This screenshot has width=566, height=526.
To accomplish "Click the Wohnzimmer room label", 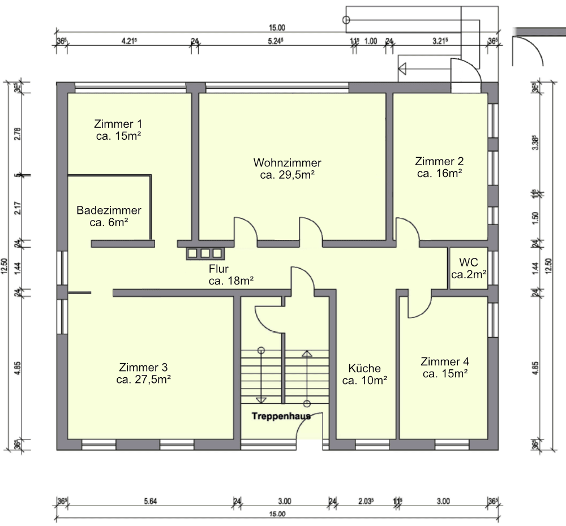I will point(287,163).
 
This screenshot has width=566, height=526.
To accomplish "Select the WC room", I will point(469,269).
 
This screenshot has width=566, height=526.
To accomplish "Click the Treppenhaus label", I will point(281,416).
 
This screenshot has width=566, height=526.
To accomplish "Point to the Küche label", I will point(365,368).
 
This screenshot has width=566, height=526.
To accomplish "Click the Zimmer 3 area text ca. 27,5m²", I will point(144,380).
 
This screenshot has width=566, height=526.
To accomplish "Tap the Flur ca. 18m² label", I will point(230,274).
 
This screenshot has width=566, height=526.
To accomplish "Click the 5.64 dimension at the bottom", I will point(151,501).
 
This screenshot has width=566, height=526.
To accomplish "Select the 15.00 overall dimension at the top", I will point(277,27).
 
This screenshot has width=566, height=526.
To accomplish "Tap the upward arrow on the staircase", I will point(307,355).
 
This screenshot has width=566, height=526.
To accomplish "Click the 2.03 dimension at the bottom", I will point(366,501).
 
